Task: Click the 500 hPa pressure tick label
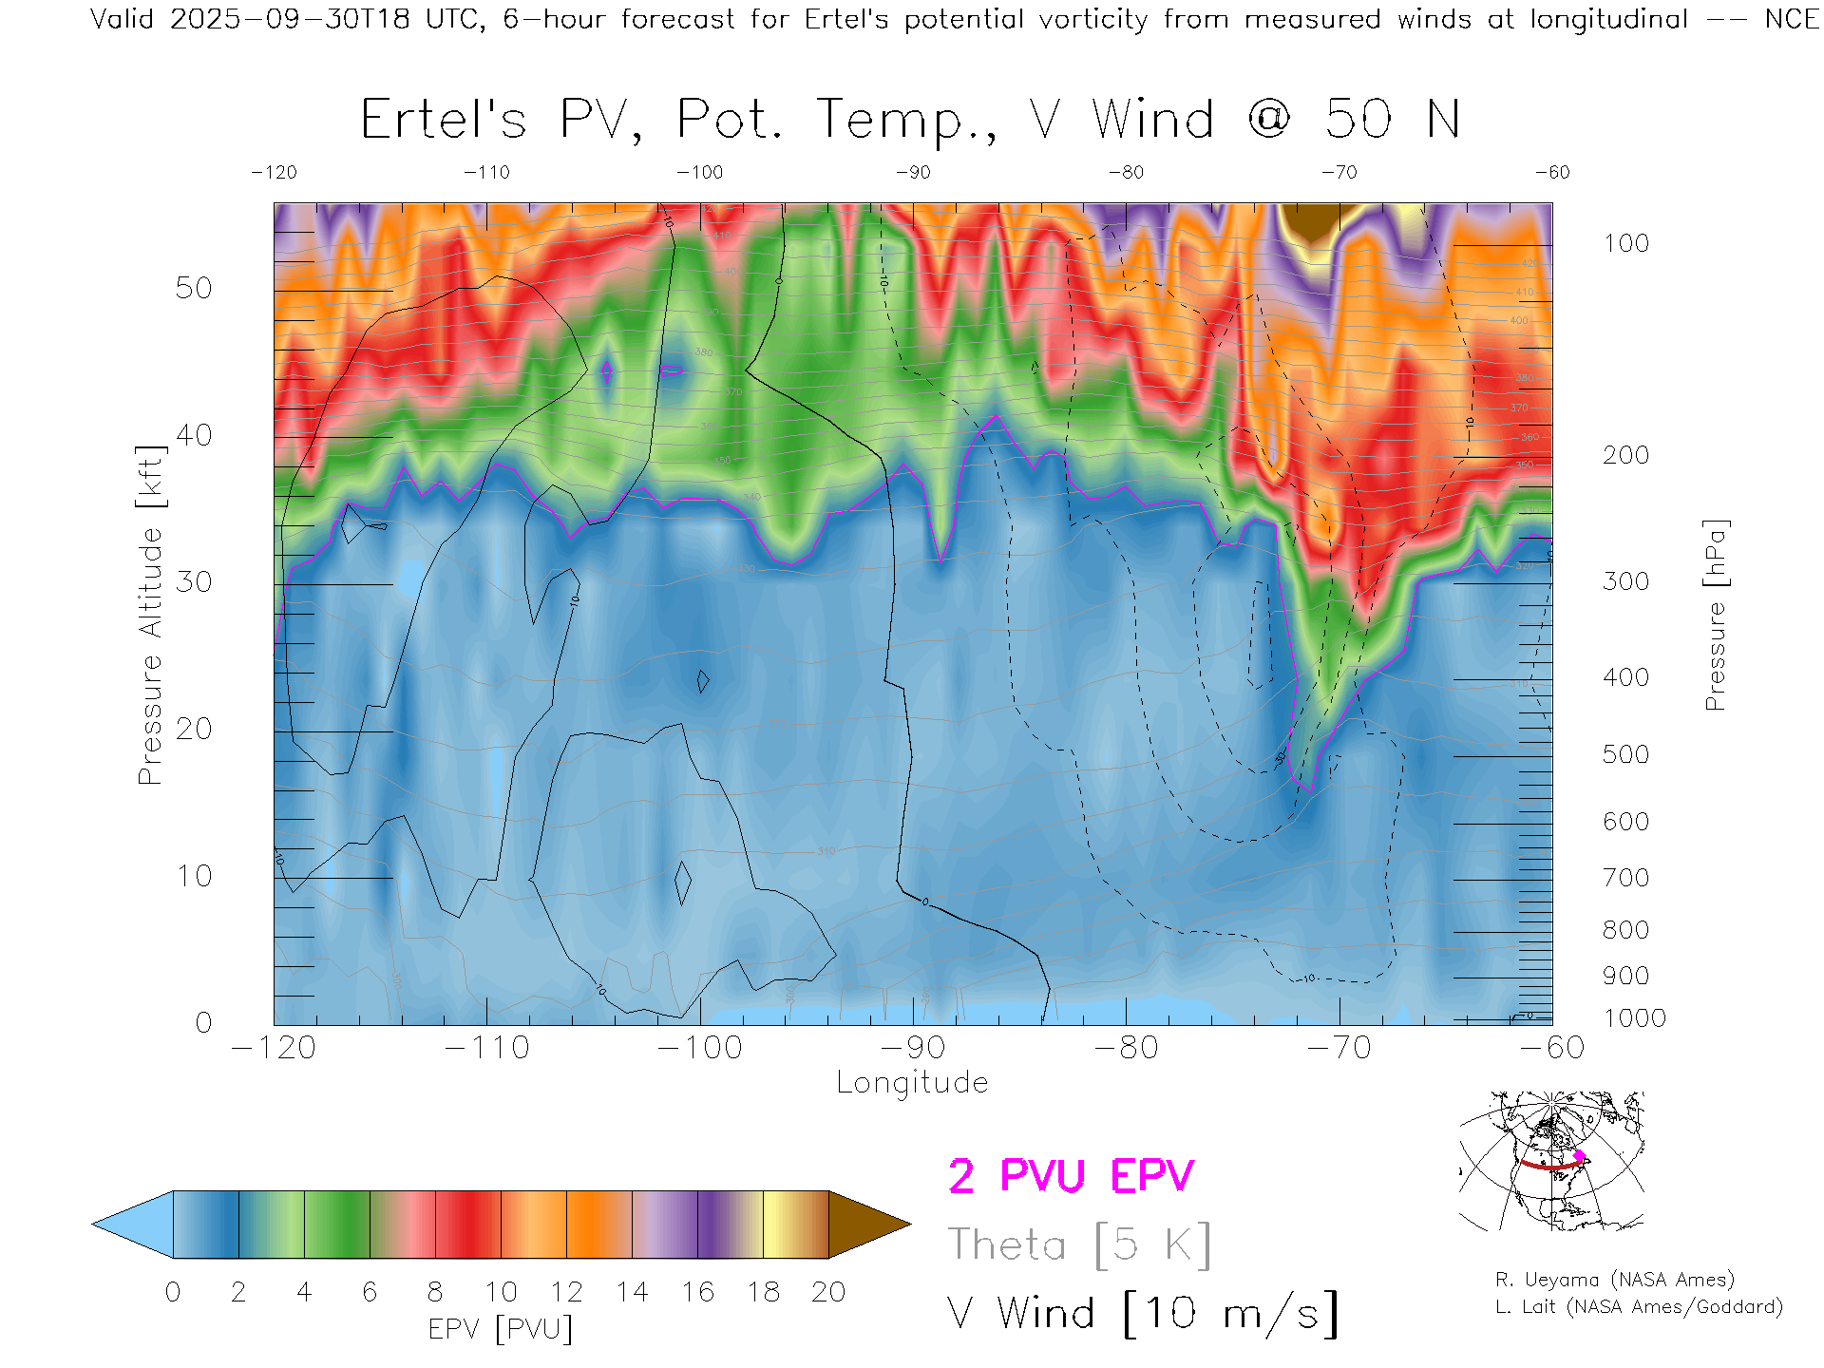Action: (x=1625, y=754)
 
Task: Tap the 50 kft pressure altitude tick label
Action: (x=194, y=289)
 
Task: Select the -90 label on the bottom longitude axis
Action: (x=913, y=1048)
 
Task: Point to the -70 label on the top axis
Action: (x=1339, y=173)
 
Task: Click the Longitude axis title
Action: (x=912, y=1083)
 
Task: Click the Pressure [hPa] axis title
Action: (x=1715, y=616)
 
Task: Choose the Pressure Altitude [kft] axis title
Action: (x=151, y=616)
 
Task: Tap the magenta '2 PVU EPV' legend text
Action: (x=1071, y=1176)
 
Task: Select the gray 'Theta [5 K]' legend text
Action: (x=1079, y=1244)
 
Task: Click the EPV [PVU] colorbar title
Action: (x=501, y=1329)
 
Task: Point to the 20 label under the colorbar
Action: (x=828, y=1292)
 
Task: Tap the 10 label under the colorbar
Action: (x=501, y=1292)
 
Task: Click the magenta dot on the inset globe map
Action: (x=1580, y=1156)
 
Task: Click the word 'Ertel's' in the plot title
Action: (x=443, y=121)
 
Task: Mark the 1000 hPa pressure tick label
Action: (x=1634, y=1018)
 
